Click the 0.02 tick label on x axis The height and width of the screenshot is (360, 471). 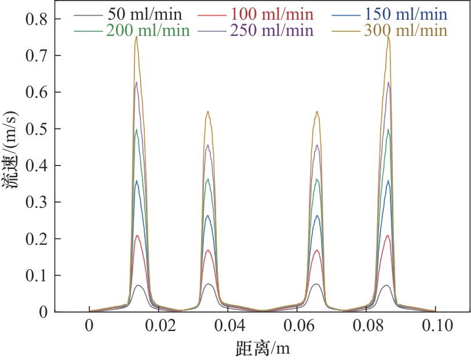(159, 326)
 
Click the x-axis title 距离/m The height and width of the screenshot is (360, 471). (262, 348)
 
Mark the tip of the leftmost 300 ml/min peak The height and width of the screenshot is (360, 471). (136, 37)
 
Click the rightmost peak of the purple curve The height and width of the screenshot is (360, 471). (388, 82)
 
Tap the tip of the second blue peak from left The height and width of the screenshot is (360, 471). (209, 215)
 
